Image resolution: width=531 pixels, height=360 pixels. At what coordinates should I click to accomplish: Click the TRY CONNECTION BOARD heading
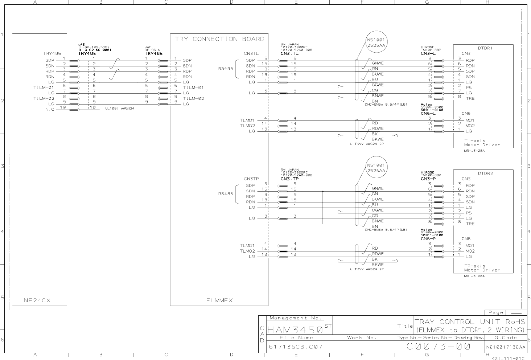pyautogui.click(x=219, y=39)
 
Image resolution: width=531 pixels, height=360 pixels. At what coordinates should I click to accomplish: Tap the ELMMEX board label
pyautogui.click(x=219, y=300)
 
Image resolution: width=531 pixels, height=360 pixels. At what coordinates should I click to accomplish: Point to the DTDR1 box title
pyautogui.click(x=485, y=48)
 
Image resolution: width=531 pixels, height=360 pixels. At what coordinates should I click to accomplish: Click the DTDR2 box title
pyautogui.click(x=485, y=173)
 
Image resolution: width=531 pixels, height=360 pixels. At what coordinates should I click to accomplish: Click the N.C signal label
pyautogui.click(x=50, y=109)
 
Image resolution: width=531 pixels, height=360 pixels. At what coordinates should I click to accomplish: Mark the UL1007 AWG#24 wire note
pyautogui.click(x=120, y=108)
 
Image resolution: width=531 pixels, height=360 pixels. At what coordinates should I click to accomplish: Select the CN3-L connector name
pyautogui.click(x=428, y=54)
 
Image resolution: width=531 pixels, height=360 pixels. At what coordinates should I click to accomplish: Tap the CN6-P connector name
pyautogui.click(x=428, y=239)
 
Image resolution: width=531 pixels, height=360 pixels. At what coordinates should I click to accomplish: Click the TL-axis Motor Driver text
pyautogui.click(x=482, y=143)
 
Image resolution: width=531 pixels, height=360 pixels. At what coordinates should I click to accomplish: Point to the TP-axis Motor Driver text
pyautogui.click(x=482, y=268)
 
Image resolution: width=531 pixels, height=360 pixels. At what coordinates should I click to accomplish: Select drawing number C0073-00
pyautogui.click(x=439, y=346)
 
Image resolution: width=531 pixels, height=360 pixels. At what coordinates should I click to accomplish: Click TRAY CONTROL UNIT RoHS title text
pyautogui.click(x=469, y=322)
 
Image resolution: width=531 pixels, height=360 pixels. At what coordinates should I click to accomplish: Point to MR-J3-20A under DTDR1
pyautogui.click(x=474, y=151)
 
